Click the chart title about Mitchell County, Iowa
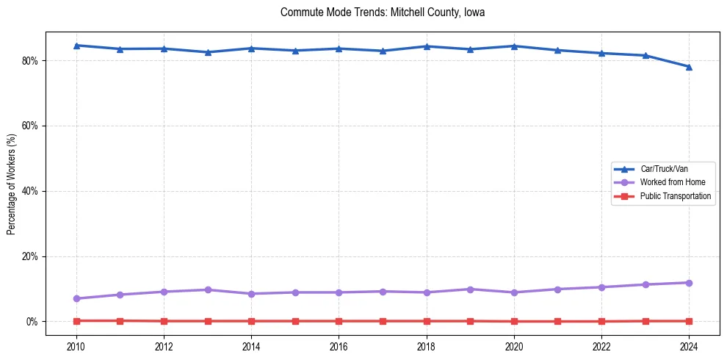click(383, 12)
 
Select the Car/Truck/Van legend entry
click(664, 169)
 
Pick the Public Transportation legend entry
click(675, 196)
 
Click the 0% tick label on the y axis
click(32, 322)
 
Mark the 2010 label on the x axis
click(76, 345)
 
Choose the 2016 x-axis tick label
click(339, 345)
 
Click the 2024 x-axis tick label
click(689, 345)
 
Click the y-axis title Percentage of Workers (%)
click(12, 184)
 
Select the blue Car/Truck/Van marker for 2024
click(689, 67)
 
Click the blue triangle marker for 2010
click(76, 46)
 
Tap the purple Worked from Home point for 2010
click(76, 298)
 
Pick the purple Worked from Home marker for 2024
click(689, 283)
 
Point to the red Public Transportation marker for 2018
click(426, 321)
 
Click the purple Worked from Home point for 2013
click(208, 289)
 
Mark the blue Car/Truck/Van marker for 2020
click(514, 46)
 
